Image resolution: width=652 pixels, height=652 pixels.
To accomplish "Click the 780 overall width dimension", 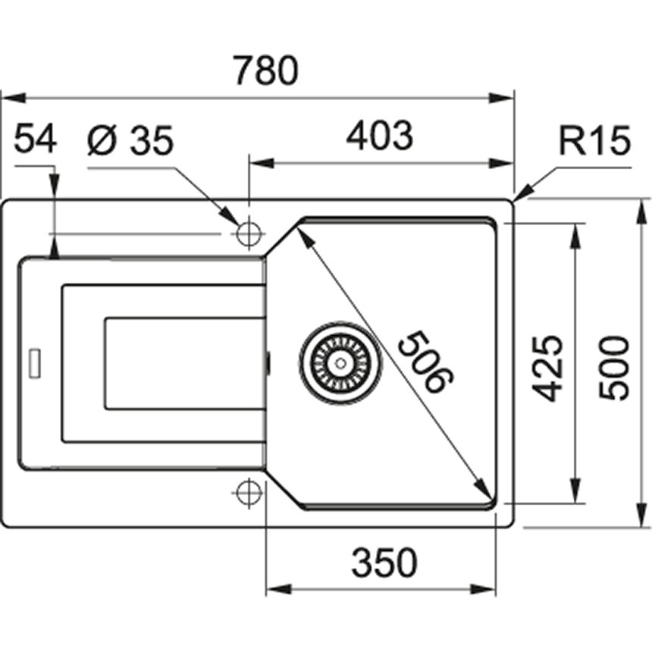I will [264, 71].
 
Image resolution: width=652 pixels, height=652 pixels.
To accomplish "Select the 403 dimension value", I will [379, 136].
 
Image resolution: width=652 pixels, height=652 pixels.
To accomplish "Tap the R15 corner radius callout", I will [595, 142].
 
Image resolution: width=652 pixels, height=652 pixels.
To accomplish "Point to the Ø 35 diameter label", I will [130, 142].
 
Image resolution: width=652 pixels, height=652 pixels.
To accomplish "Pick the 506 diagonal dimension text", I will [425, 363].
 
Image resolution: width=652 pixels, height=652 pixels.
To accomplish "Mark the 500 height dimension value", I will [614, 367].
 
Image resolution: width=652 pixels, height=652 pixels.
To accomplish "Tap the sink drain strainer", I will [337, 362].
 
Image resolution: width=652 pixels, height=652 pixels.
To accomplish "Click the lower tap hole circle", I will [247, 493].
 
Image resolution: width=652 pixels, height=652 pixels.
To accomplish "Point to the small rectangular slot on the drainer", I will [35, 362].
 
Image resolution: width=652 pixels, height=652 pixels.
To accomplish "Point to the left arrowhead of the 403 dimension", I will [258, 162].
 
